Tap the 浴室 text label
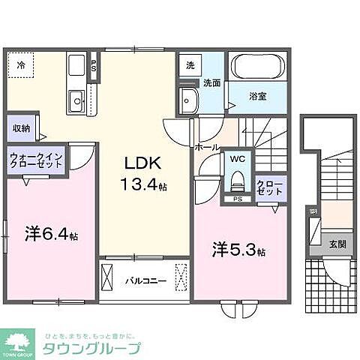[257, 95]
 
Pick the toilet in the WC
[238, 181]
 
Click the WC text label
[238, 160]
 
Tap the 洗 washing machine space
[190, 65]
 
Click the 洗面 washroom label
[211, 84]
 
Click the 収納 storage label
[21, 128]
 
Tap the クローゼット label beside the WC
[270, 188]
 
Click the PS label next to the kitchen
[94, 64]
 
